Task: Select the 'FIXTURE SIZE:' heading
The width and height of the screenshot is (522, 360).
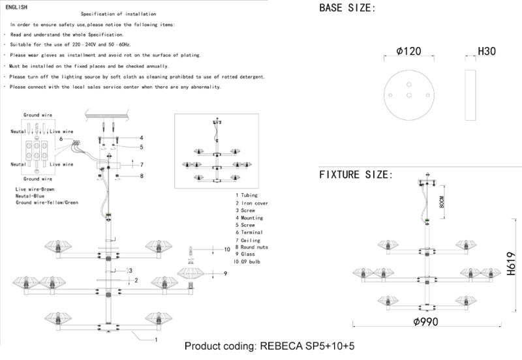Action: [356, 175]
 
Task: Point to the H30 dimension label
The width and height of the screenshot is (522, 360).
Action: [487, 50]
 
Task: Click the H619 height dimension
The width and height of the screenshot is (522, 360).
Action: [511, 264]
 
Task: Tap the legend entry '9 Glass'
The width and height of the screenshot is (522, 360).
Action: [245, 255]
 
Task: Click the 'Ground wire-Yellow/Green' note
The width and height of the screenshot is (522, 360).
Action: [46, 203]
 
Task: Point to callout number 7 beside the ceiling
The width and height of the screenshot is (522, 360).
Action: [141, 164]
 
